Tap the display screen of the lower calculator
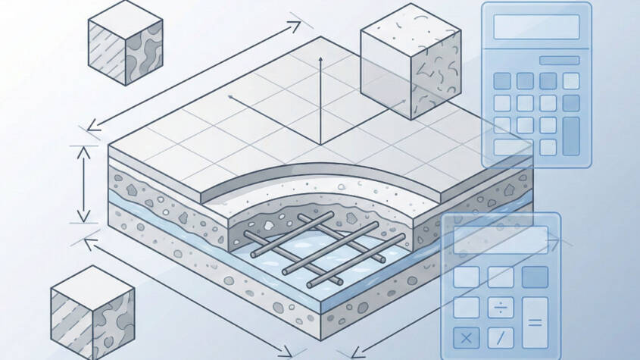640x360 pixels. click(x=500, y=239)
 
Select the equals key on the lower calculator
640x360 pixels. click(x=535, y=322)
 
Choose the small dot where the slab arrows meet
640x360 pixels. click(x=230, y=97)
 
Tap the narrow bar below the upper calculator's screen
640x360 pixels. click(x=536, y=59)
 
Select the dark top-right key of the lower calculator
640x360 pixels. click(x=535, y=277)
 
